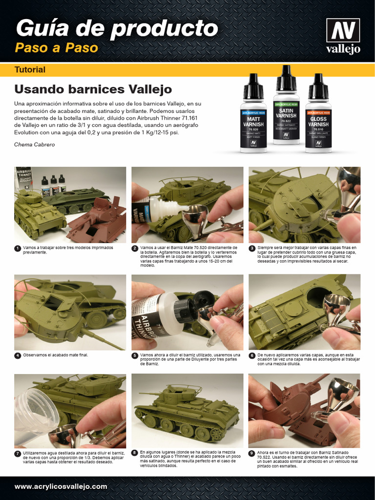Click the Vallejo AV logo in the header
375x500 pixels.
click(343, 36)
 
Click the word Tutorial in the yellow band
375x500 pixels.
click(30, 70)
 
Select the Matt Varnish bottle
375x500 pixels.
click(253, 115)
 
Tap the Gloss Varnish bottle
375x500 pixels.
click(318, 115)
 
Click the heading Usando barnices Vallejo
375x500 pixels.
click(93, 89)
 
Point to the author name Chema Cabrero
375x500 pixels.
click(35, 145)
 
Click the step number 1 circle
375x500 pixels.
click(18, 249)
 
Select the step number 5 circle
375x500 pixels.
click(135, 355)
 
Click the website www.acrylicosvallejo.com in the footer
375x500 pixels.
click(61, 486)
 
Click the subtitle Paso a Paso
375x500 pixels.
click(56, 48)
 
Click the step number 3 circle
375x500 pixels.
click(252, 249)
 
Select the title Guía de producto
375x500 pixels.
click(116, 28)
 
